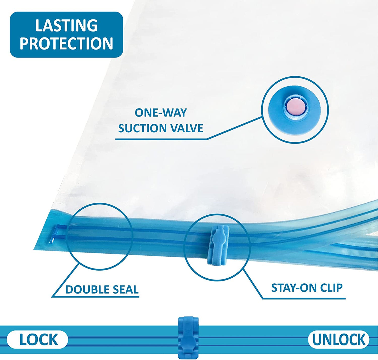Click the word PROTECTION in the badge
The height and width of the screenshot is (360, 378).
(x=66, y=43)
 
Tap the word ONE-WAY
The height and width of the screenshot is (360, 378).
(x=161, y=113)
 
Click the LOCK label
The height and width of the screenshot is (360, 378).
(x=38, y=340)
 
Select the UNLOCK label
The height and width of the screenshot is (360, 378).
(x=338, y=340)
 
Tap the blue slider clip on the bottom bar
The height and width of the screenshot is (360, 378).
(x=188, y=337)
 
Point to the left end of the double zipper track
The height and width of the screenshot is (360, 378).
(x=56, y=233)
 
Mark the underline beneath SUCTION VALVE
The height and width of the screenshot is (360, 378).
(x=161, y=139)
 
